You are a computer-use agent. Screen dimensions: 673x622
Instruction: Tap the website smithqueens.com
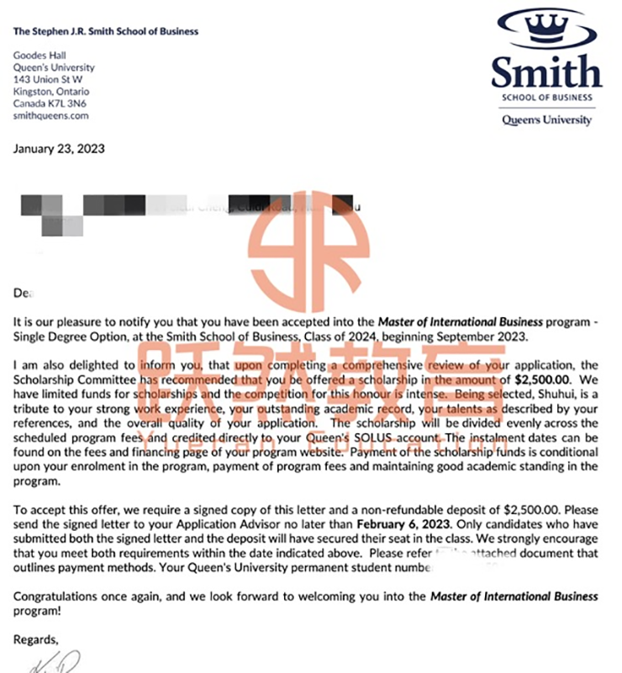pyautogui.click(x=51, y=116)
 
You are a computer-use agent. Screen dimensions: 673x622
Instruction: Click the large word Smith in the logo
pyautogui.click(x=547, y=74)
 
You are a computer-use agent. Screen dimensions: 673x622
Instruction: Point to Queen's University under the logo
pyautogui.click(x=547, y=119)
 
